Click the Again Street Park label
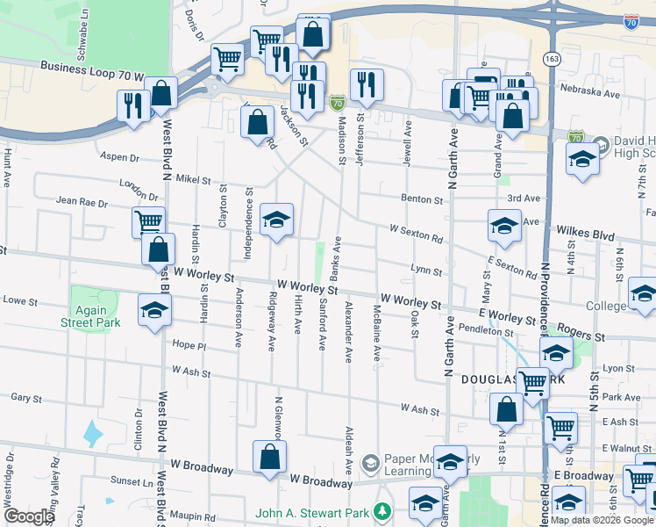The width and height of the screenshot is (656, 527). coord(84,316)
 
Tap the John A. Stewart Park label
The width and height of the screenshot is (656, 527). coord(312,513)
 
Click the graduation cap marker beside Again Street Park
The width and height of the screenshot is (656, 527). coord(154,310)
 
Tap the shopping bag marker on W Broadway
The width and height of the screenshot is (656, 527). coord(269,456)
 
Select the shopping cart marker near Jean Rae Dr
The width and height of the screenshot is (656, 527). coord(149,221)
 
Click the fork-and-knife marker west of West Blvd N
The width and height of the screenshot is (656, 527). coord(133,105)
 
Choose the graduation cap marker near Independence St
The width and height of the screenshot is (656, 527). coord(276,219)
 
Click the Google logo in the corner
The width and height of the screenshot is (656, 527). coord(28,516)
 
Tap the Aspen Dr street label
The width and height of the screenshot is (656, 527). coord(121,157)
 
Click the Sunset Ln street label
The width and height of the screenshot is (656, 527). coord(132,482)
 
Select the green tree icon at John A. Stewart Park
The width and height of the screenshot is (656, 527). coord(381,511)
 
